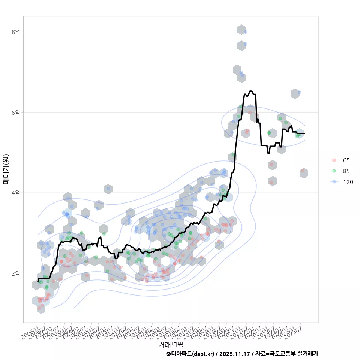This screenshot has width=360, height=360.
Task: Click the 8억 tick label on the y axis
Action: pyautogui.click(x=16, y=32)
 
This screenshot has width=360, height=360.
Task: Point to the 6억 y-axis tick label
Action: pyautogui.click(x=16, y=112)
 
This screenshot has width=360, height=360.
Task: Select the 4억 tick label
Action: pyautogui.click(x=16, y=193)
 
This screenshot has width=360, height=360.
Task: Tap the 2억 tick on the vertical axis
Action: pyautogui.click(x=16, y=273)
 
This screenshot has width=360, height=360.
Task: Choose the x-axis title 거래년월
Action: pyautogui.click(x=171, y=344)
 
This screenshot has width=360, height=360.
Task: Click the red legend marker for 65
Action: pyautogui.click(x=334, y=160)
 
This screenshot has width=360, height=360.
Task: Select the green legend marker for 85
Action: pyautogui.click(x=334, y=171)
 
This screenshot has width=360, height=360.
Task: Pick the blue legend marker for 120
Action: pyautogui.click(x=334, y=182)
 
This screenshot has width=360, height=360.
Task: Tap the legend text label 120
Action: pyautogui.click(x=348, y=182)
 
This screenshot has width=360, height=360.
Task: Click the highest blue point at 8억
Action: pyautogui.click(x=245, y=32)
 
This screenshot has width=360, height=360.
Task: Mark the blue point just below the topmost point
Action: pyautogui.click(x=245, y=44)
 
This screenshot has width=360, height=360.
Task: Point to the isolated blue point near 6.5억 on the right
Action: pyautogui.click(x=299, y=92)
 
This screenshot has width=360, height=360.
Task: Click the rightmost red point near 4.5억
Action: pyautogui.click(x=303, y=171)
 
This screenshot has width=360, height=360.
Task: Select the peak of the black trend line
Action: pyautogui.click(x=251, y=91)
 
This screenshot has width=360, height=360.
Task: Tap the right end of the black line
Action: pyautogui.click(x=304, y=133)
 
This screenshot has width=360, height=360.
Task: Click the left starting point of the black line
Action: pyautogui.click(x=38, y=281)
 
